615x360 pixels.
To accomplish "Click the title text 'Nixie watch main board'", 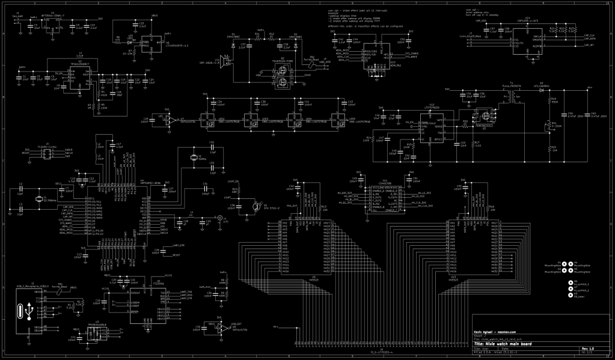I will [512, 343].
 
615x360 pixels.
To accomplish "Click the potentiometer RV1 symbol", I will [549, 126].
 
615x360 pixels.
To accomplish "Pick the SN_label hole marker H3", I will [569, 294].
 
